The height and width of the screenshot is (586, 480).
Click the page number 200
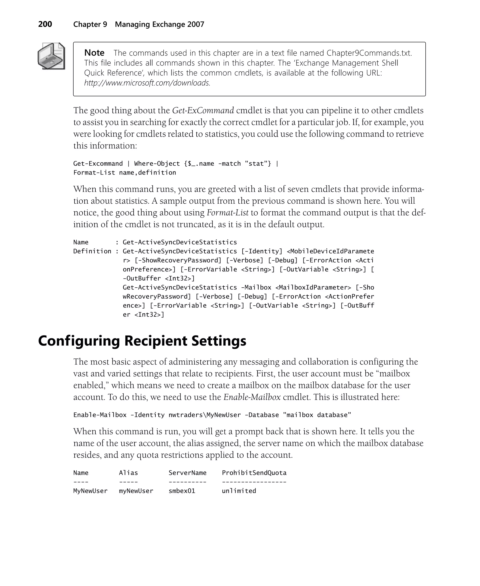pos(45,24)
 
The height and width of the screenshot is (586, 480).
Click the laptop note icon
pos(51,56)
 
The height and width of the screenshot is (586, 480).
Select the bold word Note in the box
pos(94,53)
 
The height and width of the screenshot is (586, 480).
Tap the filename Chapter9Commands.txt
pos(369,53)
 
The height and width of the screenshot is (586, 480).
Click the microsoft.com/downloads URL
pos(147,83)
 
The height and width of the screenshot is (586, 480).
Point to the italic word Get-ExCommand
pos(203,111)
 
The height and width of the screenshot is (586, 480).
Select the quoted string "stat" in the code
pos(258,164)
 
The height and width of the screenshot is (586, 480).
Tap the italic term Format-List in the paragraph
pos(227,213)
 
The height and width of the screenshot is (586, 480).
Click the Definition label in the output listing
pos(92,251)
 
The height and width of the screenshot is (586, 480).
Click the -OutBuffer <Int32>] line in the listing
pos(159,278)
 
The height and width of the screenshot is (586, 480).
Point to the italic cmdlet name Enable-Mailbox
pos(252,397)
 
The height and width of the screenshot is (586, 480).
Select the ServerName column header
pos(187,473)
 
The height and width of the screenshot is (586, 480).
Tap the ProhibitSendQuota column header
pos(254,473)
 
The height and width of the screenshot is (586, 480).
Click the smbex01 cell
pos(182,491)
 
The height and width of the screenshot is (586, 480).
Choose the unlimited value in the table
pos(239,491)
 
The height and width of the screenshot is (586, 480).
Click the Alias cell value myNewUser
pos(136,491)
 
